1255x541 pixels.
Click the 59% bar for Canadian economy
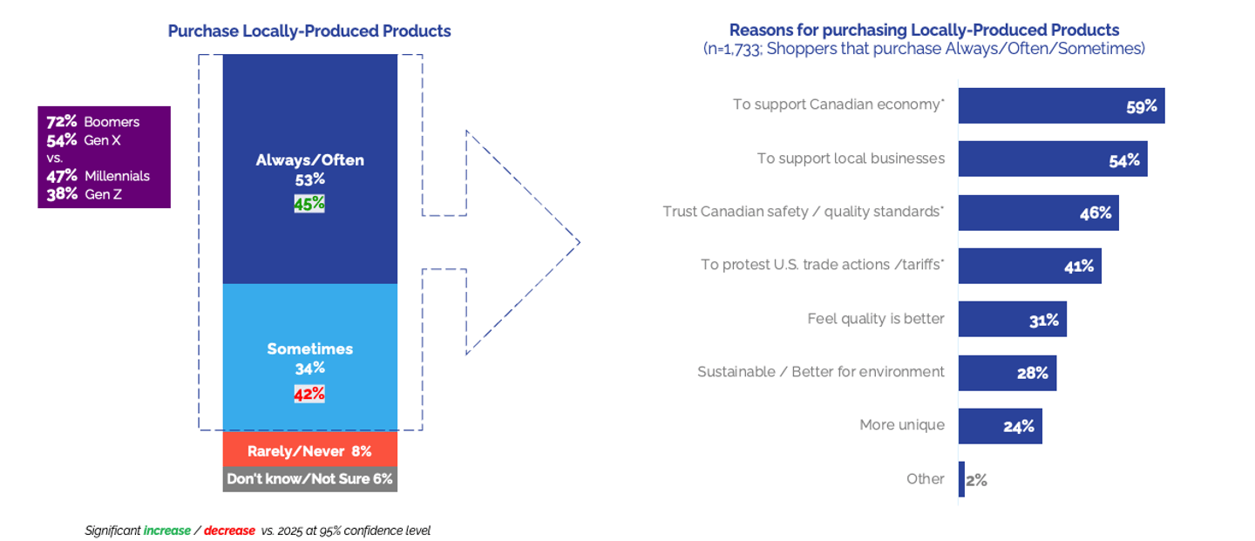[x=1061, y=106]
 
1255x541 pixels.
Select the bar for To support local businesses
[x=1052, y=159]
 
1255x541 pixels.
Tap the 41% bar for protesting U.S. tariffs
[x=1029, y=266]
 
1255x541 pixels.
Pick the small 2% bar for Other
[x=961, y=479]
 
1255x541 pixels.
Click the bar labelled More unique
[x=1000, y=426]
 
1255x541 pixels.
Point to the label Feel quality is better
[x=875, y=319]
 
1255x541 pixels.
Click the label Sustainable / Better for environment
[x=820, y=372]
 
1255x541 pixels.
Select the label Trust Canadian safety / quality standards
[x=803, y=213]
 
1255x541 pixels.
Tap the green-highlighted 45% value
[x=309, y=204]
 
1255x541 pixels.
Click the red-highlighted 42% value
[x=309, y=394]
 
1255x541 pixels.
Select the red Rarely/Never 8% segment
[x=309, y=451]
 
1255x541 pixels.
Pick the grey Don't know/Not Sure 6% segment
[x=309, y=479]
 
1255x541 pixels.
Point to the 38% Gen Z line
[x=85, y=194]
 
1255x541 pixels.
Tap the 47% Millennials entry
[x=98, y=176]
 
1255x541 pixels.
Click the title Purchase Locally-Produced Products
[x=309, y=31]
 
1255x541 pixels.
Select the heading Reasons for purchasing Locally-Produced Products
[x=924, y=30]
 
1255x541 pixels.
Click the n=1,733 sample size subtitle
[x=924, y=50]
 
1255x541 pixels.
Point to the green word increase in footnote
[x=166, y=531]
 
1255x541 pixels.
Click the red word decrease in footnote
[x=229, y=531]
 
